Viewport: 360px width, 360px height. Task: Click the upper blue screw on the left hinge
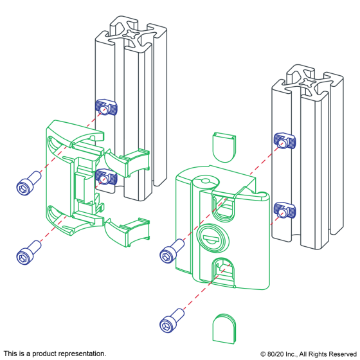tap(29, 183)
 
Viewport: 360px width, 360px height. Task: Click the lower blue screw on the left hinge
tap(29, 253)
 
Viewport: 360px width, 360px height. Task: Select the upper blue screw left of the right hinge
tap(172, 251)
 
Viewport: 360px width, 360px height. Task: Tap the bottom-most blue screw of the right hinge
tap(172, 321)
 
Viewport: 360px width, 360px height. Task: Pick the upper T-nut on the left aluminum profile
tap(106, 107)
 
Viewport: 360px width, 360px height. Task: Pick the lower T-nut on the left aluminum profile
tap(106, 177)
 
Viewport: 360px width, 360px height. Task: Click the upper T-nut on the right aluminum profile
tap(285, 141)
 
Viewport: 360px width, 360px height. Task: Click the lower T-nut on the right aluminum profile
tap(285, 210)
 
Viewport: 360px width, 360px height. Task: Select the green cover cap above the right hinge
tap(224, 147)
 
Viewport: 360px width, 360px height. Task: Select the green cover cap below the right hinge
tap(224, 328)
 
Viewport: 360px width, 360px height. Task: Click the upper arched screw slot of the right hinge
tap(223, 208)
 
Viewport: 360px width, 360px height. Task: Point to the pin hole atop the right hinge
tap(205, 181)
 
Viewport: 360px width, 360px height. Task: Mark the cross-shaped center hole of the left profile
tap(130, 33)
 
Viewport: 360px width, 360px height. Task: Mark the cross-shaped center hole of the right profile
tap(307, 82)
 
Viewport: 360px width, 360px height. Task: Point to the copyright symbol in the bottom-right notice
tap(263, 354)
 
